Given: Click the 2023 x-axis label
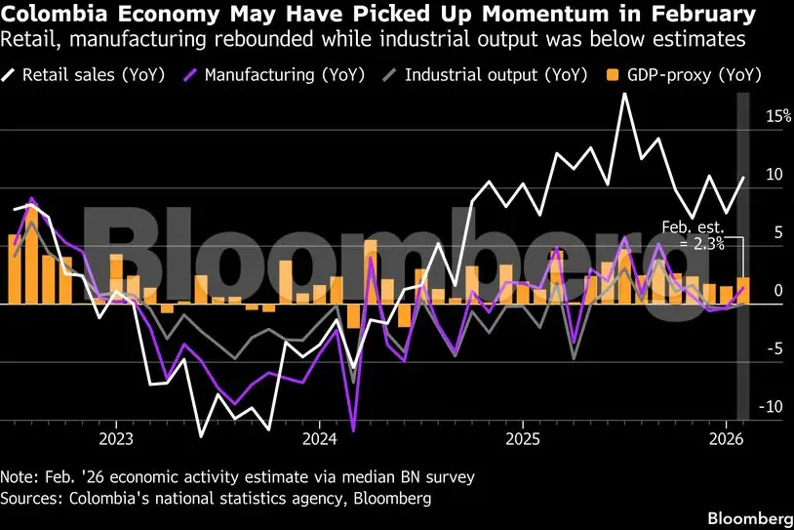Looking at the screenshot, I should coord(116,437).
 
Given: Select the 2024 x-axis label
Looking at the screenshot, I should coord(320,437).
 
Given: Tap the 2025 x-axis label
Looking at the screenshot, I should coord(524,437).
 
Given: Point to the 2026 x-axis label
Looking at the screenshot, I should coord(728,437).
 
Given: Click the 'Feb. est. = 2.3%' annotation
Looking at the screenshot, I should coord(693,235).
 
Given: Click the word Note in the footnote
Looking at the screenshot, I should coord(20,477).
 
